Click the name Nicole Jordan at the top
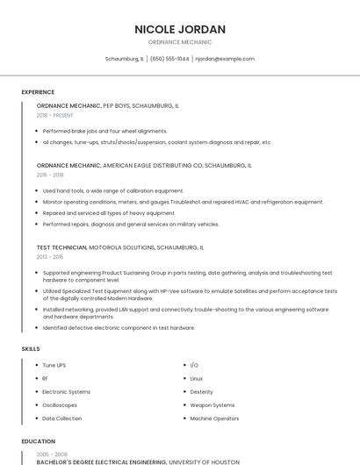(x=180, y=29)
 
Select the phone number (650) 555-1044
(x=169, y=59)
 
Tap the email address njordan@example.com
(x=225, y=59)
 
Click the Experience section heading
(x=38, y=92)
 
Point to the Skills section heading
(x=31, y=349)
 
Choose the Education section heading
(x=38, y=441)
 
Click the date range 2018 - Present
(x=55, y=115)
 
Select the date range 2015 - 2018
(x=50, y=175)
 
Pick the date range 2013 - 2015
(x=50, y=257)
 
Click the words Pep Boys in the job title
(x=116, y=105)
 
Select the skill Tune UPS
(x=54, y=365)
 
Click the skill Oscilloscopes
(x=60, y=405)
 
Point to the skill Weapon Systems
(x=212, y=405)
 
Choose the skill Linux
(x=197, y=378)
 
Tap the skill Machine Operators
(x=214, y=418)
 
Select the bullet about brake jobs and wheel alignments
(x=104, y=131)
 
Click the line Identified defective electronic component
(x=119, y=328)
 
